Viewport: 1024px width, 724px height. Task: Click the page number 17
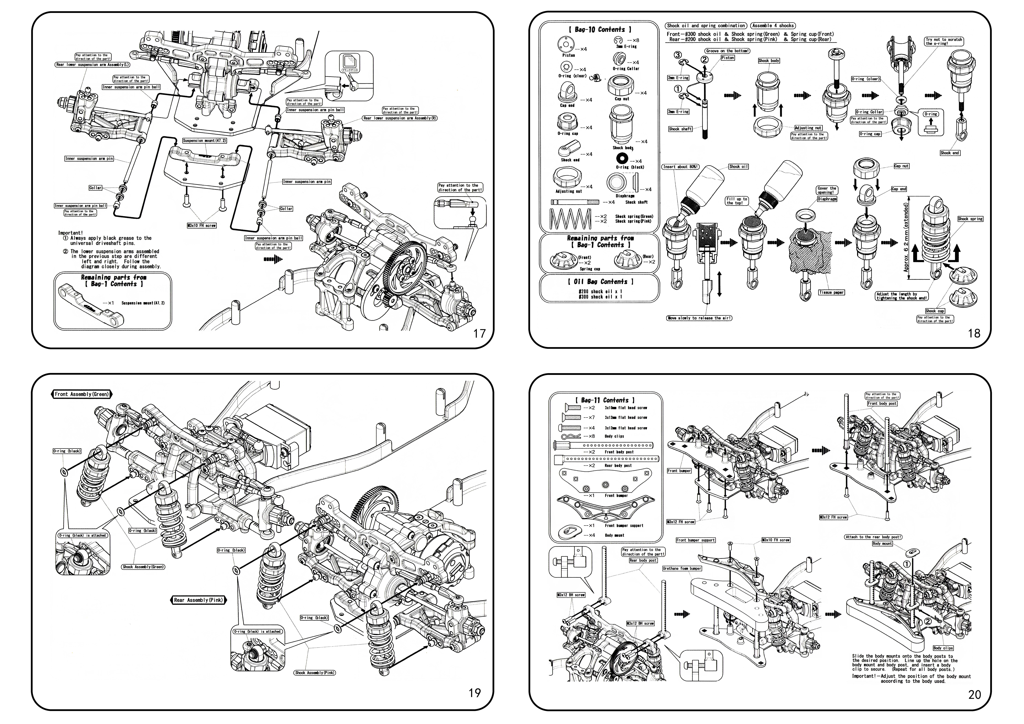[479, 334]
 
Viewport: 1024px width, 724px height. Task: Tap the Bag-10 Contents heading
[599, 29]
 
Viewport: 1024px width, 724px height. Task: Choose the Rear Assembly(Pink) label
[198, 600]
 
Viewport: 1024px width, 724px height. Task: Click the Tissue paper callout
[831, 293]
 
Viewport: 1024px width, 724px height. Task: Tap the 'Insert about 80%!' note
[681, 167]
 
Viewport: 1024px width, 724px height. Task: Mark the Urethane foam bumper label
[682, 568]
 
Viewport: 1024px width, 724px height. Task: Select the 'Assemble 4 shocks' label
[773, 26]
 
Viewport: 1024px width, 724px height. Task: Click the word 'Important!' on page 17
[70, 233]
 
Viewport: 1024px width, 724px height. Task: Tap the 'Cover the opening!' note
[826, 190]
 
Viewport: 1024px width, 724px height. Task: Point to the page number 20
[974, 695]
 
